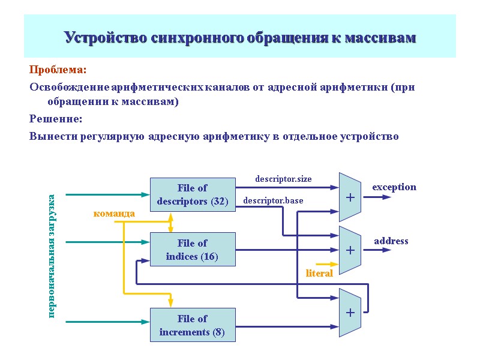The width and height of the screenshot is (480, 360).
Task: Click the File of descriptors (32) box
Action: (192, 194)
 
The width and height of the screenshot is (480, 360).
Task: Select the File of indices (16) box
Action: (192, 250)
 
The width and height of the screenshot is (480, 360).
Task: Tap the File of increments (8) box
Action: (192, 325)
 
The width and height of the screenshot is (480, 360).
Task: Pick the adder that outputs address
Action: (350, 250)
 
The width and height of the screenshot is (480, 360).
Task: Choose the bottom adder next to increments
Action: (350, 313)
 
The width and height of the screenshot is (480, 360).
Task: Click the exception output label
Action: (394, 187)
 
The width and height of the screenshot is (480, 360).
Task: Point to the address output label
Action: (391, 241)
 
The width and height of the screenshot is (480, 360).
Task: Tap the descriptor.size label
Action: (283, 179)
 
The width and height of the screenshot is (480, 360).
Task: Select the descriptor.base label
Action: (273, 201)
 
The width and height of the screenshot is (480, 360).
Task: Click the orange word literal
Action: (319, 273)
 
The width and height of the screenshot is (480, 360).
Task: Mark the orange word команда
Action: (113, 213)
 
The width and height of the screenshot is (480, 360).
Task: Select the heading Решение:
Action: (55, 119)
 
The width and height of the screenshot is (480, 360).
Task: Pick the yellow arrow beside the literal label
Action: (328, 263)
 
